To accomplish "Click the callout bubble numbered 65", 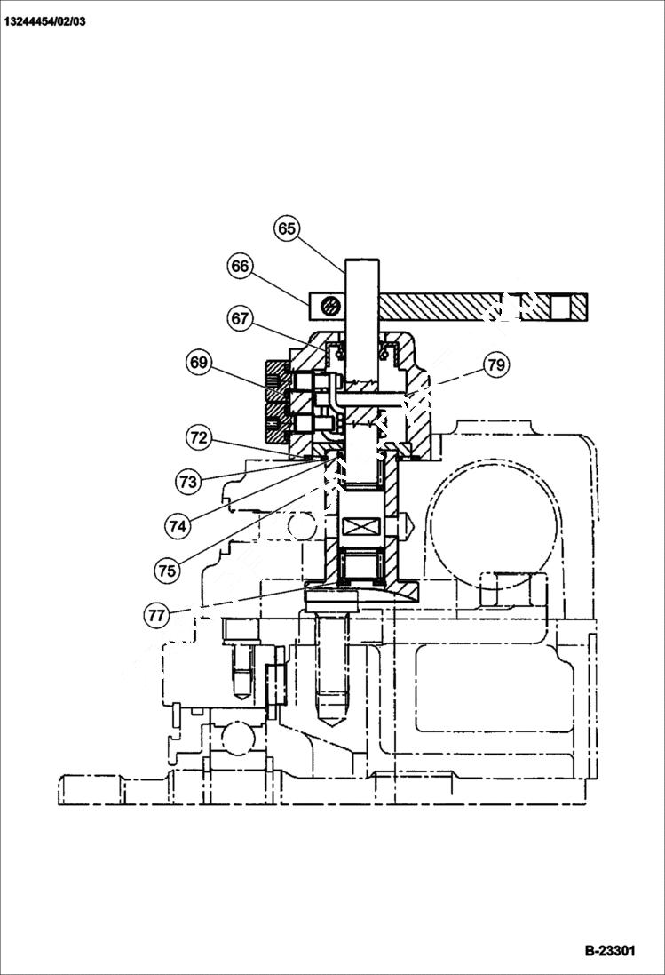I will (287, 228).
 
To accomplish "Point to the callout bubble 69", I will (199, 362).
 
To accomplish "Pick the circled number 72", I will (199, 436).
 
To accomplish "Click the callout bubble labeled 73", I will (187, 482).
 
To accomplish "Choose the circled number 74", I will (178, 525).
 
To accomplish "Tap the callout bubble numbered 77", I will (156, 613).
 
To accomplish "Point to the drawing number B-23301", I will (610, 950).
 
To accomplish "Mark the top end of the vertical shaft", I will (362, 260).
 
